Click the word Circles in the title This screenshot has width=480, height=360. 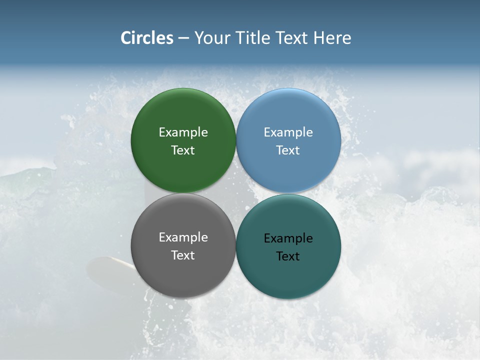click(x=147, y=38)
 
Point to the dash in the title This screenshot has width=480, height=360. click(x=183, y=38)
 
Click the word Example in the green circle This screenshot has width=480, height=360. click(x=183, y=132)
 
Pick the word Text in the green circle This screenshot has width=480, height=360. click(x=183, y=150)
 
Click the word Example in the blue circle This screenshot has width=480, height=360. click(x=288, y=132)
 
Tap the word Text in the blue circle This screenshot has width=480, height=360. click(x=288, y=150)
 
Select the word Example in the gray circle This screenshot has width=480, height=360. click(x=183, y=237)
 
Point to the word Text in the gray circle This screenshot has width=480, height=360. click(x=183, y=255)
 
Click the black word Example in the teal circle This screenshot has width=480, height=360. click(x=288, y=238)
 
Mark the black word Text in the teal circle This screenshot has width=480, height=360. click(x=288, y=256)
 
